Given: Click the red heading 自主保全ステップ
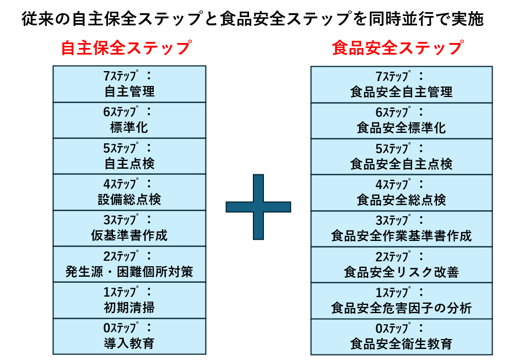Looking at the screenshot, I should pos(126,48).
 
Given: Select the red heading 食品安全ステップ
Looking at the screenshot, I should pos(397,48).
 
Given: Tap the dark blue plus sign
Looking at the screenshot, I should pos(258,207).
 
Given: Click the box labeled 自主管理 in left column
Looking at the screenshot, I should pos(129,84).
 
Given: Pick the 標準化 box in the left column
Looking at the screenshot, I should pos(129,120).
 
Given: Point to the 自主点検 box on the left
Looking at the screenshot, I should pos(129,156).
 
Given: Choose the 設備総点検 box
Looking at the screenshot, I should pos(129,192).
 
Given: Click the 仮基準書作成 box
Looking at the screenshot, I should pos(129,228).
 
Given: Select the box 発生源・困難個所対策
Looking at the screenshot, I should pos(129,265).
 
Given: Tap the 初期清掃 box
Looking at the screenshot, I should pos(129,300).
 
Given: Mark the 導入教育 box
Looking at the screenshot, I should pos(129,336).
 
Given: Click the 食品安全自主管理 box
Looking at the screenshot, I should pos(401,84).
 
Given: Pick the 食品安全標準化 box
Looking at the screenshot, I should pos(401,121).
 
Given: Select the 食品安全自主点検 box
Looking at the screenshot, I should pos(401,157).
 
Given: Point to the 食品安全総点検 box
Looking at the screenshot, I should pos(401,193).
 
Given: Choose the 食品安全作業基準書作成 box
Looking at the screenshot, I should pos(401,229).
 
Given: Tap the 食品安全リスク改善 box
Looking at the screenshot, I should pos(401,265).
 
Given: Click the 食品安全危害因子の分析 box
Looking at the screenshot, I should pos(401,301).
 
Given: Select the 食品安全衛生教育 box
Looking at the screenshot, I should pos(401,337).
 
